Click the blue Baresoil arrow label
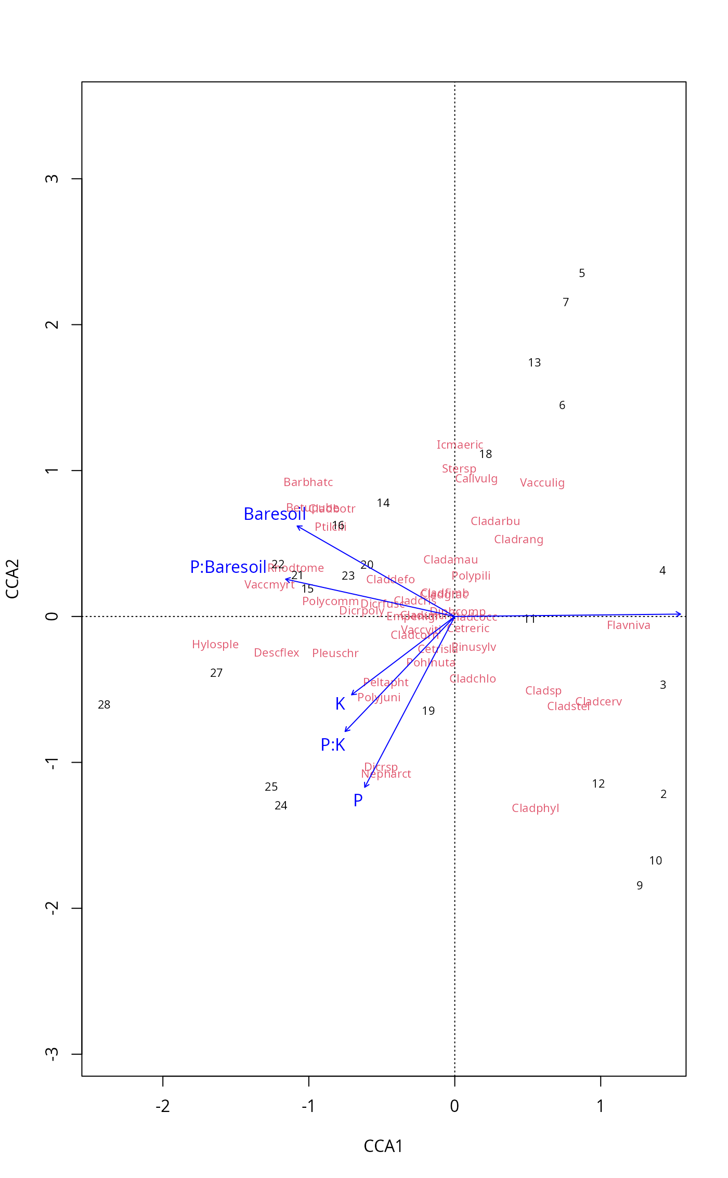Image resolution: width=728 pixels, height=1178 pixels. [275, 514]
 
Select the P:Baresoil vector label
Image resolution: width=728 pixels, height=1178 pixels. [228, 567]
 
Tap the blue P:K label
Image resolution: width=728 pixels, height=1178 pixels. [333, 745]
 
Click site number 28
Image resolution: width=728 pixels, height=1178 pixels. [104, 705]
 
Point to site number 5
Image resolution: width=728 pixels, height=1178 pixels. [582, 273]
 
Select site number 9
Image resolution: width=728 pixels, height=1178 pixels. [640, 885]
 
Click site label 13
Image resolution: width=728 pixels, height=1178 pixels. [535, 363]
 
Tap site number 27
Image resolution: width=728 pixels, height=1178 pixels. [216, 673]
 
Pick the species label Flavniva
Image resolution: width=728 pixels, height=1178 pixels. [629, 625]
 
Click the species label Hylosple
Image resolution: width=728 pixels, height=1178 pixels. [215, 645]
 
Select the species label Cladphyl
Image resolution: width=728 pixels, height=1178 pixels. [536, 808]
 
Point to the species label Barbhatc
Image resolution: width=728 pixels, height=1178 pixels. [308, 482]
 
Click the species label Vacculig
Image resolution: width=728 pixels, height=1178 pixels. [542, 483]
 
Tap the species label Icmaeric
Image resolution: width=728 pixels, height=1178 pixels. [460, 445]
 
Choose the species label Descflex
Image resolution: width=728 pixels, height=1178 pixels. [277, 653]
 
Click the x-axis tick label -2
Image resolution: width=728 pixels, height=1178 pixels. [163, 1106]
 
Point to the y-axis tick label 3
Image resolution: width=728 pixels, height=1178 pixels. [51, 179]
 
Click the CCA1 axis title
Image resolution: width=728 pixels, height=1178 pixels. [383, 1146]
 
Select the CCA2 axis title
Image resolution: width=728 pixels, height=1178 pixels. [12, 579]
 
